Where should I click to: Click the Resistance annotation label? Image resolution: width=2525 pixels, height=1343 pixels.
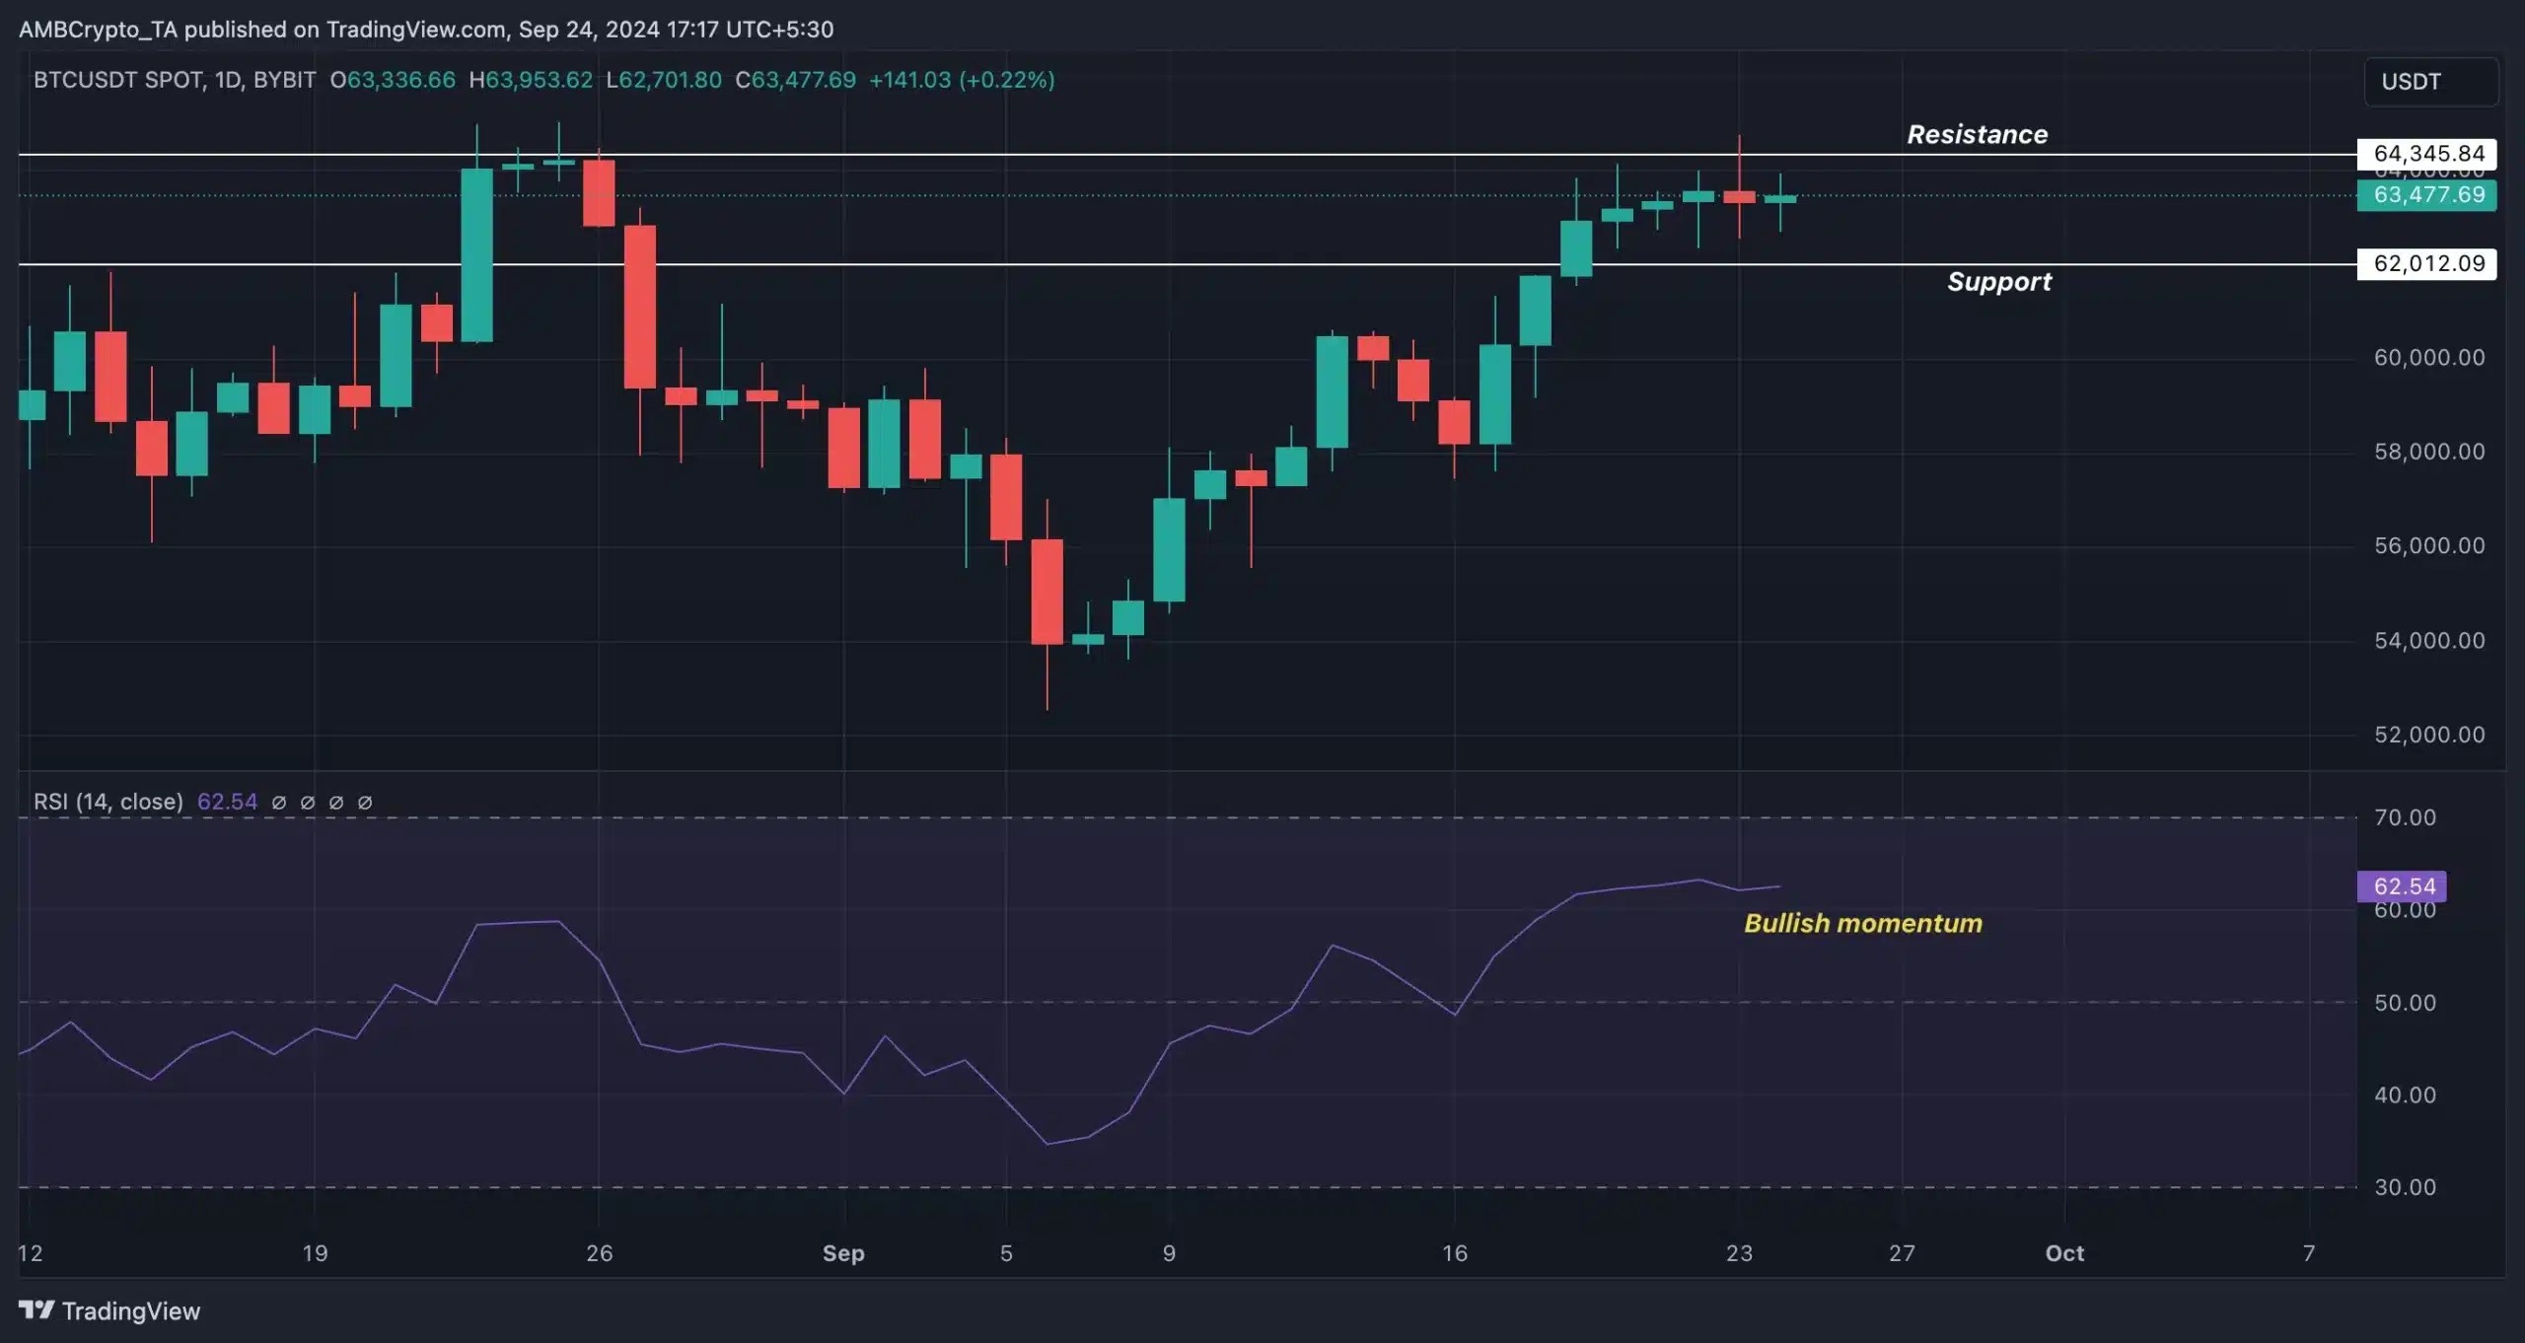[x=1977, y=134]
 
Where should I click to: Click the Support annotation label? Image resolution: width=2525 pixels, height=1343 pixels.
[x=1998, y=282]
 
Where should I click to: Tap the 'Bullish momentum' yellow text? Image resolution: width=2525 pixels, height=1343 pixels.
[x=1862, y=923]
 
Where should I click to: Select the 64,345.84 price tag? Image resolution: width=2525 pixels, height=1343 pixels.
[x=2427, y=154]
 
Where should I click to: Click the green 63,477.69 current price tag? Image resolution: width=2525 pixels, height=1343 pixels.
[x=2427, y=195]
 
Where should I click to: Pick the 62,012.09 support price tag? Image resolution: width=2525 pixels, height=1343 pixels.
[x=2427, y=263]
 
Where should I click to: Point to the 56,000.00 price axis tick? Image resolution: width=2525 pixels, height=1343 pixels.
[x=2428, y=546]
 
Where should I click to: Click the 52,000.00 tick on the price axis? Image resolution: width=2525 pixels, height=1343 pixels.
[x=2428, y=735]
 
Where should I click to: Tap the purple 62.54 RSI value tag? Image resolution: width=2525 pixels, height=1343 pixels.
[x=2403, y=886]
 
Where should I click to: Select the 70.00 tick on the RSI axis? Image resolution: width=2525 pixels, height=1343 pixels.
[x=2405, y=817]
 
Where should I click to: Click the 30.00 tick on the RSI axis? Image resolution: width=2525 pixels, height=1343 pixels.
[x=2405, y=1187]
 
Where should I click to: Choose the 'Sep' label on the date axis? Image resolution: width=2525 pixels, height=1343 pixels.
[x=843, y=1253]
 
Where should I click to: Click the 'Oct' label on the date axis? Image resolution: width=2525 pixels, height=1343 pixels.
[x=2064, y=1253]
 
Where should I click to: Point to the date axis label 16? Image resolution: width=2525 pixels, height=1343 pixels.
[x=1455, y=1253]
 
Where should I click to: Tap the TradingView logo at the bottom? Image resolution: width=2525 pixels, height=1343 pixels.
[x=109, y=1310]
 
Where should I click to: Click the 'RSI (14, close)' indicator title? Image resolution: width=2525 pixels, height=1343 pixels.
[x=108, y=802]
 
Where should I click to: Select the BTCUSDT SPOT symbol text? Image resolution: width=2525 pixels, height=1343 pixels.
[x=119, y=80]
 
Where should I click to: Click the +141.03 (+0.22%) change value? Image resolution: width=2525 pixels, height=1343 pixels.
[x=962, y=80]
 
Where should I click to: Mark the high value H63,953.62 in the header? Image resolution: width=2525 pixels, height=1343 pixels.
[x=531, y=80]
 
